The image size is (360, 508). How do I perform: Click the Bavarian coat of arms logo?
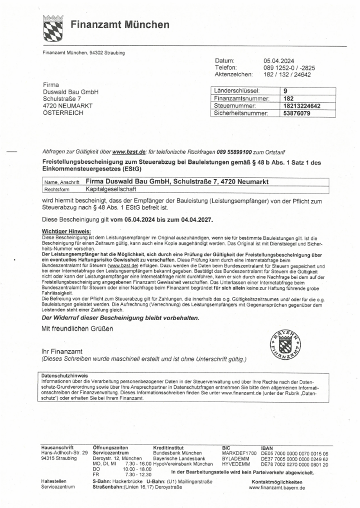(x=53, y=28)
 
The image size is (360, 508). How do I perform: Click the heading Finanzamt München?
(x=120, y=25)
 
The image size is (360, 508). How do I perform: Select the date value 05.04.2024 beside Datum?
(x=279, y=61)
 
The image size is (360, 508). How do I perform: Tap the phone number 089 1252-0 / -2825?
(x=289, y=68)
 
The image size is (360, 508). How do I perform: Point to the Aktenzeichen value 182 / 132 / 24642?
(x=287, y=75)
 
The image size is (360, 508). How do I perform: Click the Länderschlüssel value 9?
(x=285, y=91)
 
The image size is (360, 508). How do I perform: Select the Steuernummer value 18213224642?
(x=302, y=106)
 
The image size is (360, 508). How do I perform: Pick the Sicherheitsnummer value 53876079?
(x=297, y=114)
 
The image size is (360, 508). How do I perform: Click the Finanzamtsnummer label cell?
(x=242, y=99)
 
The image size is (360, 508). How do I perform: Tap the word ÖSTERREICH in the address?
(x=63, y=113)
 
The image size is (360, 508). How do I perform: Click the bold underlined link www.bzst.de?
(x=129, y=152)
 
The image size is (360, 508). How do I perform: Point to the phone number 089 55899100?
(x=234, y=152)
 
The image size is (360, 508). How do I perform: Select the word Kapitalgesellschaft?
(x=111, y=189)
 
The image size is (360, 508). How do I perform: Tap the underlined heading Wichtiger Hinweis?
(x=66, y=232)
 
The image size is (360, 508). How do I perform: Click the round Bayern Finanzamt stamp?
(x=285, y=344)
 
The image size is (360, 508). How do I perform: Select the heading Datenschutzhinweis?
(x=64, y=376)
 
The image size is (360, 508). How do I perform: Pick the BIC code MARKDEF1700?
(x=239, y=453)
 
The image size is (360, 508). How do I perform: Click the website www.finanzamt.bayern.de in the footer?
(x=277, y=488)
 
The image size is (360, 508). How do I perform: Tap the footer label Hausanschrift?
(x=57, y=448)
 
